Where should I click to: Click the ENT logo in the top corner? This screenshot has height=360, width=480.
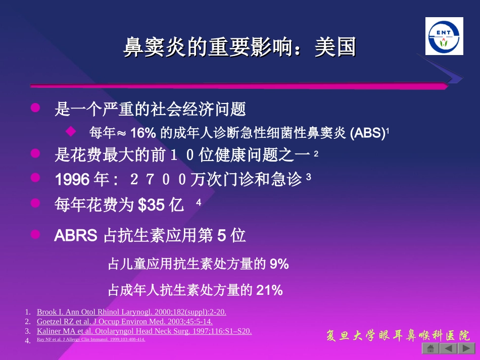[444, 36]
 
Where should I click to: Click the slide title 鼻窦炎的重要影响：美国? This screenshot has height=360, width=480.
[240, 48]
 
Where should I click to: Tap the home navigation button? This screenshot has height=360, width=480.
[430, 348]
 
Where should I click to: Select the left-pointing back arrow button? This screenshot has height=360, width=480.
[448, 348]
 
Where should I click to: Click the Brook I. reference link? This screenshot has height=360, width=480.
[131, 312]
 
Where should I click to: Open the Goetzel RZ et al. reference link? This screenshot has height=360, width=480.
[124, 321]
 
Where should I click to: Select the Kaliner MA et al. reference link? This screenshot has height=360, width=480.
[144, 331]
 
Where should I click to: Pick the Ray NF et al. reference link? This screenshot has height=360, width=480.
[91, 339]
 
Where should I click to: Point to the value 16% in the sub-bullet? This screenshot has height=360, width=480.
[143, 133]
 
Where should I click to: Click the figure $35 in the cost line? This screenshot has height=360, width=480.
[151, 204]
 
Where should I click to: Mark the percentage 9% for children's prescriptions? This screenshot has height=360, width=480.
[279, 264]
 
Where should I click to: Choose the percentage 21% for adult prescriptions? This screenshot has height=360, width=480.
[269, 290]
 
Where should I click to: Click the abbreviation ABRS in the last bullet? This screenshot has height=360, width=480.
[76, 236]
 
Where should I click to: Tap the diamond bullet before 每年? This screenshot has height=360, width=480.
[71, 132]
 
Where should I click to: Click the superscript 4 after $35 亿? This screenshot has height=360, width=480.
[199, 202]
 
